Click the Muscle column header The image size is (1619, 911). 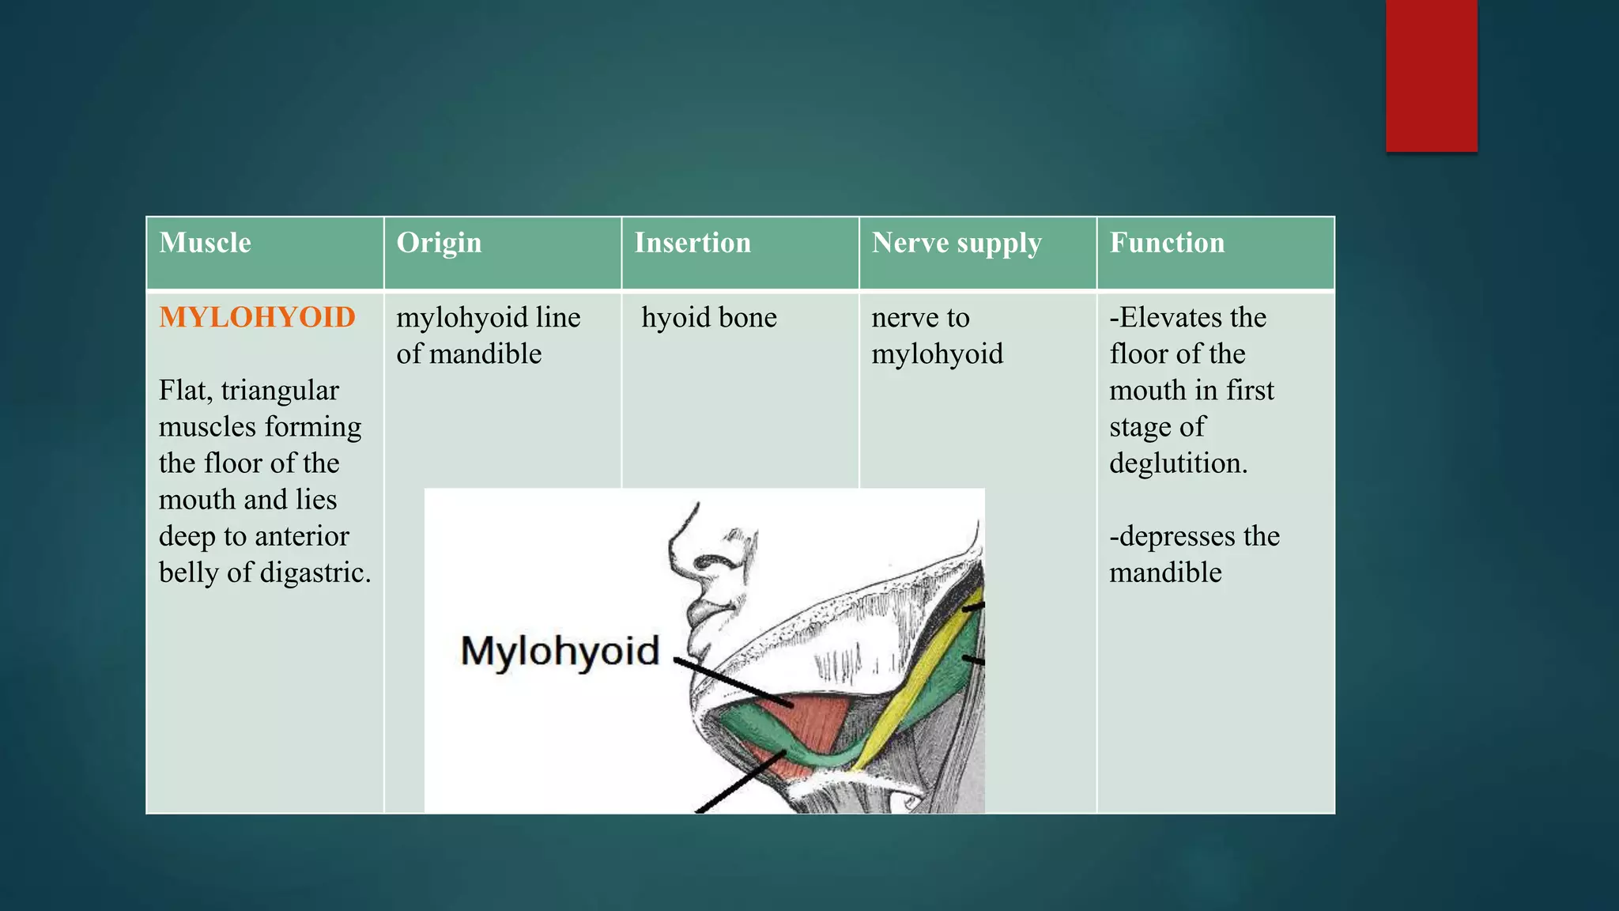click(205, 243)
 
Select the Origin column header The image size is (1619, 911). click(439, 243)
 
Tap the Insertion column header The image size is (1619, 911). click(693, 243)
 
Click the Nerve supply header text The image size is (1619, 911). click(957, 243)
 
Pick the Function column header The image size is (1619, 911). click(1167, 243)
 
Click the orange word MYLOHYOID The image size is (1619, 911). click(257, 317)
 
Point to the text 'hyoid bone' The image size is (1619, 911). click(709, 318)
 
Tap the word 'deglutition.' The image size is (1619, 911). click(1178, 463)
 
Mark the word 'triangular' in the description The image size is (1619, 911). click(280, 391)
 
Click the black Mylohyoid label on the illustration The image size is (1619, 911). click(560, 652)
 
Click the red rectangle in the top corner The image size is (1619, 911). click(1431, 75)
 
